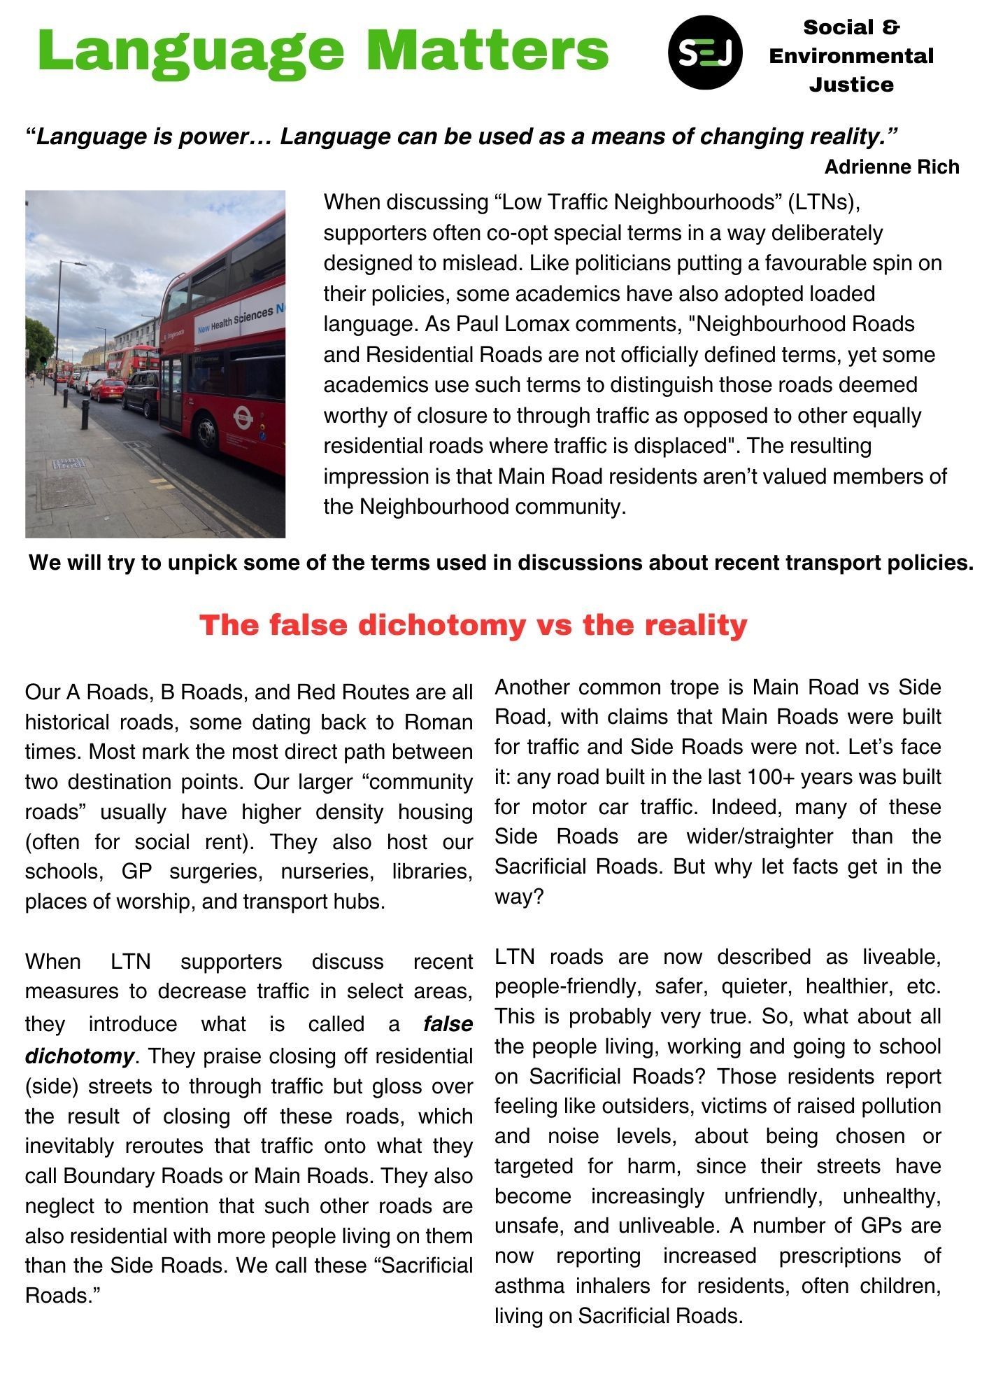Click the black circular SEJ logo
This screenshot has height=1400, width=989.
(704, 52)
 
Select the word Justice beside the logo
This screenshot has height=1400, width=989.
(851, 85)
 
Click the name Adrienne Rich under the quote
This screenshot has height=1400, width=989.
(891, 167)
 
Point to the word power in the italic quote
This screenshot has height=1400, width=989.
(209, 136)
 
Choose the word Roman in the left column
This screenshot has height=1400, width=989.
(438, 722)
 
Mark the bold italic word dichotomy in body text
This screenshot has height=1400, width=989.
(79, 1056)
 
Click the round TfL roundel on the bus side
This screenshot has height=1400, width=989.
(243, 417)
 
